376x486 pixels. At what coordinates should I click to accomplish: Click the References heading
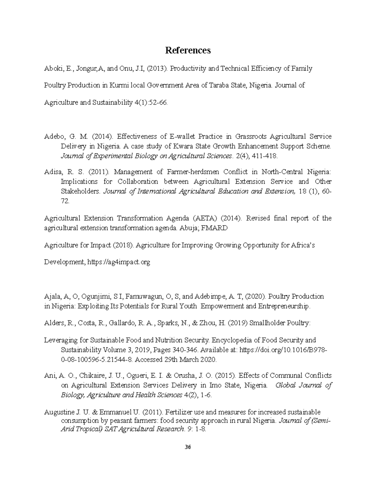pyautogui.click(x=188, y=50)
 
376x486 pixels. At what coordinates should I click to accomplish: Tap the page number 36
pyautogui.click(x=188, y=447)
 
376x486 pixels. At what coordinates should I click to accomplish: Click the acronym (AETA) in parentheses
pyautogui.click(x=205, y=218)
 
